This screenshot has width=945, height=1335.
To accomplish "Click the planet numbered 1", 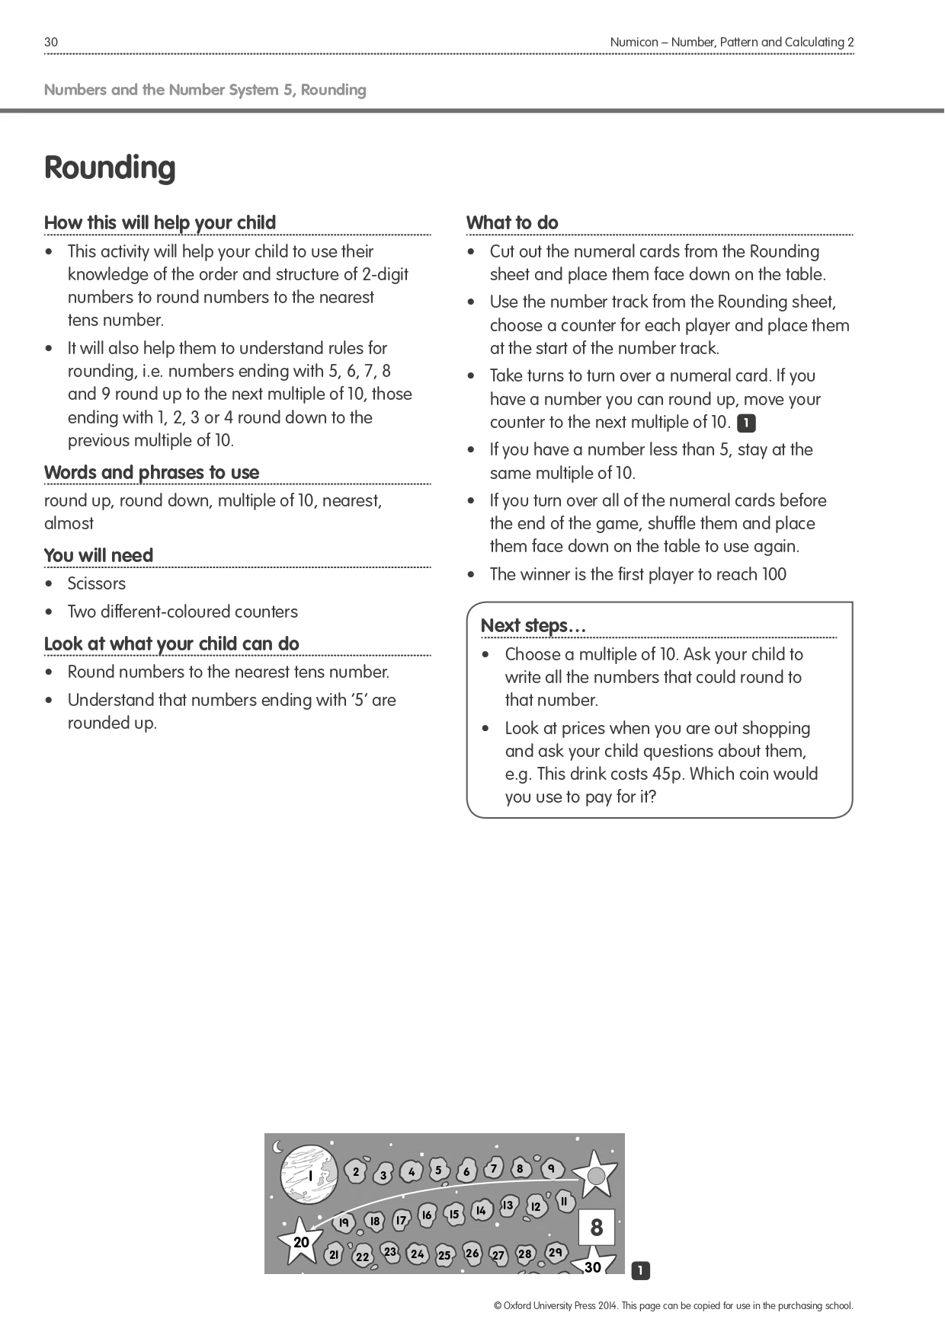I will (x=309, y=1176).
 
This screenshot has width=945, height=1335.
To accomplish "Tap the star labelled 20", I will (x=301, y=1241).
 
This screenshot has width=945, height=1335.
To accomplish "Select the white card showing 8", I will (x=596, y=1227).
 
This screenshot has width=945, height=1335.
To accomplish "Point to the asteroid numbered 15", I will (x=454, y=1214).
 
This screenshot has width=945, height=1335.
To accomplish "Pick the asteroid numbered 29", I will (x=556, y=1252).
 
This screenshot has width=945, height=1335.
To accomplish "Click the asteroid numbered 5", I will (x=438, y=1171).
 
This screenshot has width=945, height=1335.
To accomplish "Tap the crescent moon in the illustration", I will (x=277, y=1147).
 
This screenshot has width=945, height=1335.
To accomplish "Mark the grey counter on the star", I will (x=596, y=1177).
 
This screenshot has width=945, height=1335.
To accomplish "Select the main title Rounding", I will (x=110, y=168).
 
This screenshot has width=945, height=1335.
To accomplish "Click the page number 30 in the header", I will (x=51, y=43).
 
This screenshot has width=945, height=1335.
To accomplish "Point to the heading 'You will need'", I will (x=98, y=555).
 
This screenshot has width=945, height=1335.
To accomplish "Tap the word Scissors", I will (x=97, y=583).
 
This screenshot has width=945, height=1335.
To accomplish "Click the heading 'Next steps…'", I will (x=533, y=625).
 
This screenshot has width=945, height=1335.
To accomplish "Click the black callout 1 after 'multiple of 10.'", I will (x=746, y=423).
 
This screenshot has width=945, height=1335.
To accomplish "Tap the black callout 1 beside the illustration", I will (x=640, y=1270).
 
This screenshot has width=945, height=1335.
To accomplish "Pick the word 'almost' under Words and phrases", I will (x=69, y=523).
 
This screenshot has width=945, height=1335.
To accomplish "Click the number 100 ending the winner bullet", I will (x=774, y=574).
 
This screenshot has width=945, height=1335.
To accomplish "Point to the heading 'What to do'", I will (x=512, y=222).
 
